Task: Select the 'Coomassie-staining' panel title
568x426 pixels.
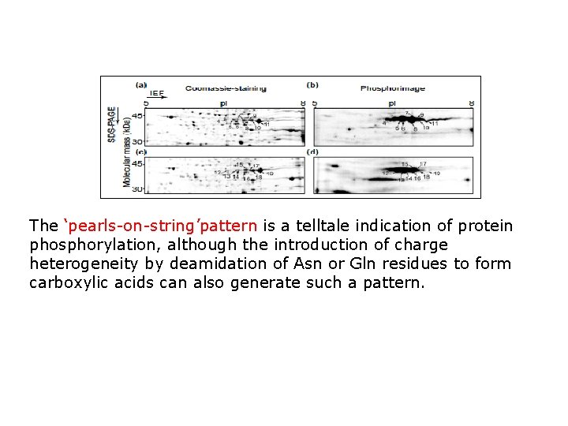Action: coord(226,88)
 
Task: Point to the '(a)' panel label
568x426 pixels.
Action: coord(141,84)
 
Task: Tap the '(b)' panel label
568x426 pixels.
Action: coord(312,84)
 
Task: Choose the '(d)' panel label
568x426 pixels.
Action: coord(312,151)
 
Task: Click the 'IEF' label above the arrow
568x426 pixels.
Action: coord(157,93)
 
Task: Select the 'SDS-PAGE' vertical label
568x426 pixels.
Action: coord(113,124)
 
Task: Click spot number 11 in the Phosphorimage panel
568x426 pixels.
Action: coord(435,123)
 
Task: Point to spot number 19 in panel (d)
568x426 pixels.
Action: coord(436,173)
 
